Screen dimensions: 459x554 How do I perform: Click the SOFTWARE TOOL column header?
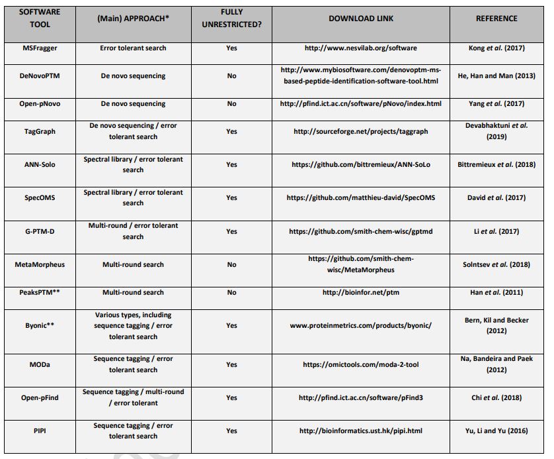[40, 19]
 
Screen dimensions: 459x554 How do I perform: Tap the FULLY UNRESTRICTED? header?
[231, 19]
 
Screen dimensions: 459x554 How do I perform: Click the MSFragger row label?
[40, 48]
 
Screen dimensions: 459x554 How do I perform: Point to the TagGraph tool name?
[40, 131]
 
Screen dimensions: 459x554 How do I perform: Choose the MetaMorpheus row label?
[40, 264]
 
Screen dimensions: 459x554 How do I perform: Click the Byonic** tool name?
[40, 326]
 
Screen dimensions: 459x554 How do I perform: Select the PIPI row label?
[40, 431]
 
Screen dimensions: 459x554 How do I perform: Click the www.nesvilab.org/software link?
[360, 48]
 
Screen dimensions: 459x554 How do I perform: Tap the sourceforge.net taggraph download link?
[360, 131]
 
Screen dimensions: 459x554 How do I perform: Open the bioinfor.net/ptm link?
[360, 292]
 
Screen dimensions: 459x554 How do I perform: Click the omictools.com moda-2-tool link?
[360, 364]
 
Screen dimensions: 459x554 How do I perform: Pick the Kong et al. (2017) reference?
[496, 48]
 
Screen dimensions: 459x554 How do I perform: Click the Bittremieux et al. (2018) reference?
[496, 164]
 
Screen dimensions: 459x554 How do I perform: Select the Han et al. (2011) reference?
[496, 292]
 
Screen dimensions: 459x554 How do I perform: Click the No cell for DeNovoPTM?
[231, 76]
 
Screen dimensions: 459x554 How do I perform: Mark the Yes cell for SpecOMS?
[231, 197]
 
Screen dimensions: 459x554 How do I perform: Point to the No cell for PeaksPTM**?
[231, 292]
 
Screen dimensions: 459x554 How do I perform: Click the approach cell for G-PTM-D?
[133, 231]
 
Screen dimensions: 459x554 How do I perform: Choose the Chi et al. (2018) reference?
[496, 397]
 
